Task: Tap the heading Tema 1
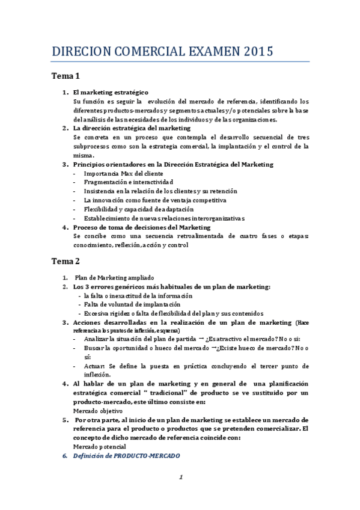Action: point(66,76)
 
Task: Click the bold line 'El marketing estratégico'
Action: point(110,93)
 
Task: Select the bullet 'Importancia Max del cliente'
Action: point(122,173)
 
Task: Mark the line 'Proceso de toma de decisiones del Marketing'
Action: point(142,227)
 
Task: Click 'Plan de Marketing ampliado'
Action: point(114,278)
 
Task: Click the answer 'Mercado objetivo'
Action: point(98,411)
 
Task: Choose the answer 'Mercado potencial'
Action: point(100,447)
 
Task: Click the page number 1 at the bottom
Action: point(180,478)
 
